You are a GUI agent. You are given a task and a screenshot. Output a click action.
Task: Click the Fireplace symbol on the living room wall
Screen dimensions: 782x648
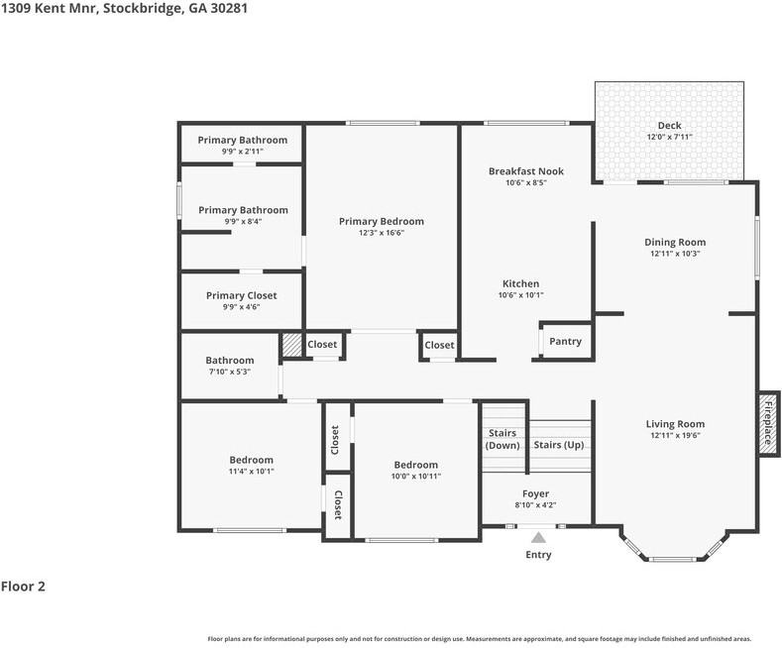pyautogui.click(x=769, y=423)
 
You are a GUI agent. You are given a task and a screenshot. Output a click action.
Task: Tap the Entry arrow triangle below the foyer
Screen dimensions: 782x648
pyautogui.click(x=538, y=538)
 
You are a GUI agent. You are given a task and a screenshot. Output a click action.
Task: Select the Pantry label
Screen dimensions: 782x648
pyautogui.click(x=565, y=342)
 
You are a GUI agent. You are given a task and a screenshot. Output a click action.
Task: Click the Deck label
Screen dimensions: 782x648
pyautogui.click(x=669, y=126)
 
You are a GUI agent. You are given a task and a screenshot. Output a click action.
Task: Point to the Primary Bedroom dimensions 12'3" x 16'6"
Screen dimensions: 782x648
pyautogui.click(x=381, y=233)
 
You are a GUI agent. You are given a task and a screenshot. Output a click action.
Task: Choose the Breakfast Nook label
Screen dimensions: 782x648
pyautogui.click(x=526, y=171)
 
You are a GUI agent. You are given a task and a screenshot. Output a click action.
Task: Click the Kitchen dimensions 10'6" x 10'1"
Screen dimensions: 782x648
pyautogui.click(x=520, y=295)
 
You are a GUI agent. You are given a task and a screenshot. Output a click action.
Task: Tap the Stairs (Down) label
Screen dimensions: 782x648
pyautogui.click(x=503, y=439)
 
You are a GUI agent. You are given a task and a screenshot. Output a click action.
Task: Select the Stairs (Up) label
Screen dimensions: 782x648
pyautogui.click(x=559, y=445)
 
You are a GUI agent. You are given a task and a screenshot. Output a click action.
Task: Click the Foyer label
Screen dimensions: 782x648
pyautogui.click(x=535, y=493)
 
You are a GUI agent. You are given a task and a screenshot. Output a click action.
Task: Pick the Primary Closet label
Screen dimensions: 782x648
pyautogui.click(x=242, y=295)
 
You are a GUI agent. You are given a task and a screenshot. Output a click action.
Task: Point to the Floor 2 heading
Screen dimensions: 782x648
pyautogui.click(x=23, y=587)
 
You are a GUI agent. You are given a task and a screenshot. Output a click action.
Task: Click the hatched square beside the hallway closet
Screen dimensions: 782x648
pyautogui.click(x=291, y=345)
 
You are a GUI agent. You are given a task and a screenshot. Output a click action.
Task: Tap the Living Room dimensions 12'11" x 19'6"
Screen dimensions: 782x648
pyautogui.click(x=675, y=436)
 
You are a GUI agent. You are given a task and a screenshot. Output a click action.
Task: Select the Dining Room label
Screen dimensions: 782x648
pyautogui.click(x=675, y=242)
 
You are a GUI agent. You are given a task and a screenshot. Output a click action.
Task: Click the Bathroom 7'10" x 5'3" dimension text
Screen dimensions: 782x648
pyautogui.click(x=229, y=372)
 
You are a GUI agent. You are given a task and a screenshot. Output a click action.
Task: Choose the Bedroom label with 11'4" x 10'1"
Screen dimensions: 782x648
pyautogui.click(x=251, y=460)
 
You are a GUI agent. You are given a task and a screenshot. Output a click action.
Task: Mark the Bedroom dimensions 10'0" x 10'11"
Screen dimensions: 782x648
pyautogui.click(x=416, y=477)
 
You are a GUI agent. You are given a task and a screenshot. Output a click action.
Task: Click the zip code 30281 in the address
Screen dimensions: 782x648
pyautogui.click(x=229, y=9)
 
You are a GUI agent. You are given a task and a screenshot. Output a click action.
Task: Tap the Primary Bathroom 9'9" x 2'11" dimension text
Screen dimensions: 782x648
pyautogui.click(x=243, y=152)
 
